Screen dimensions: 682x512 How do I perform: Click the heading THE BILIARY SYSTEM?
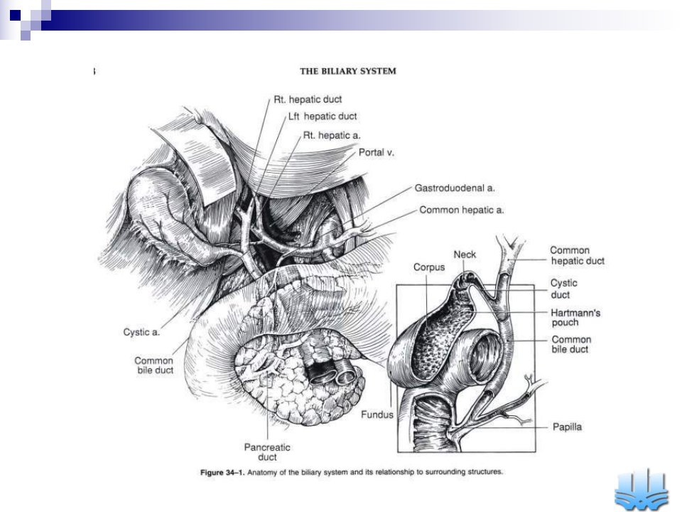tap(348, 71)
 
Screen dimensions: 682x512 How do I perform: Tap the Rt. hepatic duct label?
tap(308, 100)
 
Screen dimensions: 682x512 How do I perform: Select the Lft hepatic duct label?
tap(323, 116)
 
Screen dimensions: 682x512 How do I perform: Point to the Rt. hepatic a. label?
tap(332, 135)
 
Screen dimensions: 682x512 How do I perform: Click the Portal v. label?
tap(377, 152)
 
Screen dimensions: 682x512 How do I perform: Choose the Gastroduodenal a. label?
tap(455, 188)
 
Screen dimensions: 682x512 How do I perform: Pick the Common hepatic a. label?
tap(462, 210)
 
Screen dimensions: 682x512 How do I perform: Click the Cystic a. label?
tap(141, 332)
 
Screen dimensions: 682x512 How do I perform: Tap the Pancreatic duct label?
tap(267, 452)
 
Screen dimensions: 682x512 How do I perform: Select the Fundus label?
tap(377, 415)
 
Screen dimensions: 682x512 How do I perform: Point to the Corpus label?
tap(429, 267)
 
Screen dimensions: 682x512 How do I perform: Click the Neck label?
tap(465, 255)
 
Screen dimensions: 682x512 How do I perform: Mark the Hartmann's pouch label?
tap(575, 317)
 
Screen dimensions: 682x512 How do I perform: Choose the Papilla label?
tap(567, 427)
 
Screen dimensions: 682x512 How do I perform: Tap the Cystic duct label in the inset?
tap(563, 289)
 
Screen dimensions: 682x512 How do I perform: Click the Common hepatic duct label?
tap(577, 255)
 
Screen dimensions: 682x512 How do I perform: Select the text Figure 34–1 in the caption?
tap(222, 472)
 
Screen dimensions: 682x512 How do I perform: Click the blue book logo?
tap(641, 489)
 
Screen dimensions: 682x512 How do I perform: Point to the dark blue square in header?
tap(15, 15)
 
